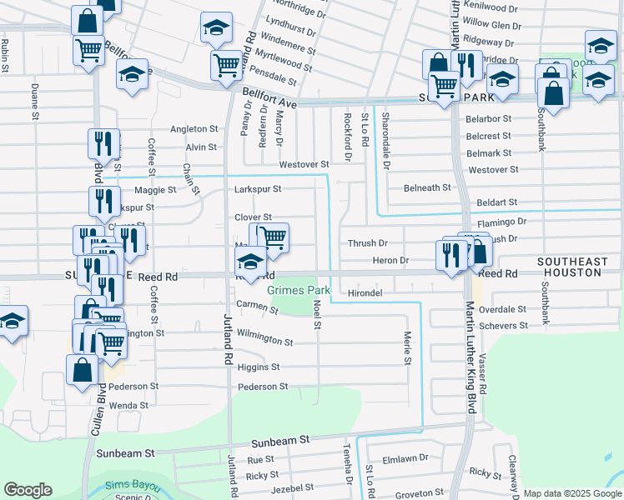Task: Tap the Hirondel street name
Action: tap(365, 293)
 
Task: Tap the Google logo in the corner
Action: tap(28, 490)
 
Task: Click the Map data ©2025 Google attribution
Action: tap(572, 494)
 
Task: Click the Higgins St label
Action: tap(258, 367)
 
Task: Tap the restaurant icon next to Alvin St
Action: tap(103, 145)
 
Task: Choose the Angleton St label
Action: tap(194, 129)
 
